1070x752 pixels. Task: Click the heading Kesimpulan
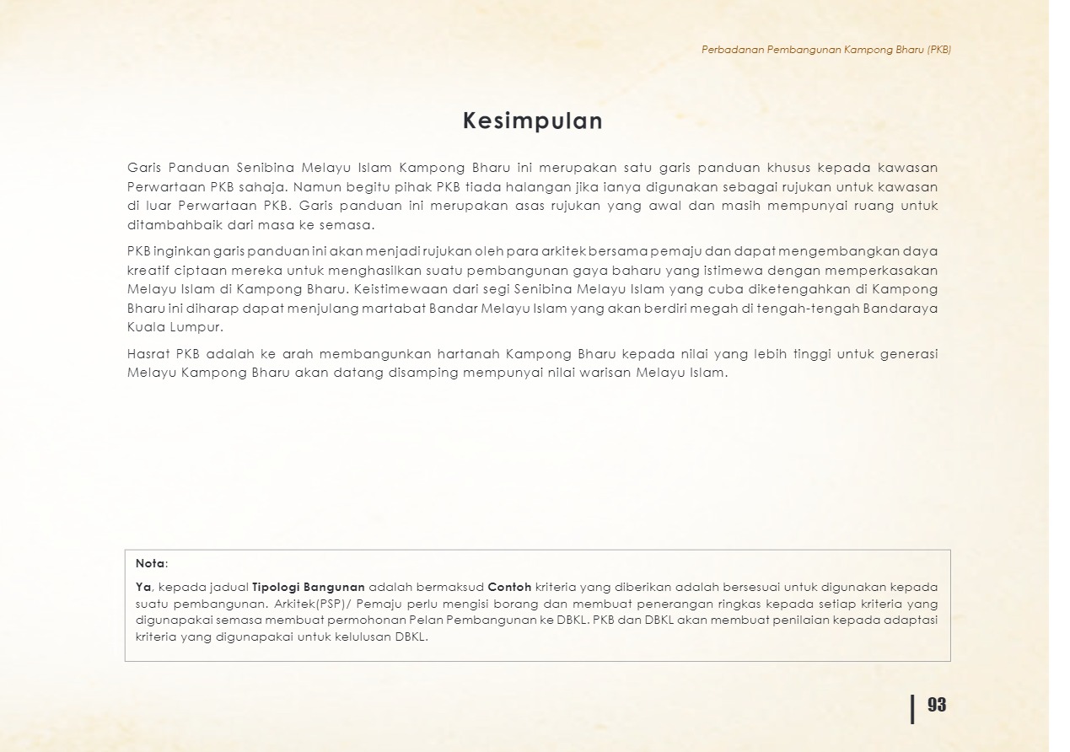[x=533, y=121]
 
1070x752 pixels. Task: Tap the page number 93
[x=937, y=705]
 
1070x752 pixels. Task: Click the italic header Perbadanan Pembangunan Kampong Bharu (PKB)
[x=826, y=50]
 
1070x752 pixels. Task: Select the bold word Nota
[x=150, y=563]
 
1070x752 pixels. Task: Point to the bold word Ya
[x=143, y=587]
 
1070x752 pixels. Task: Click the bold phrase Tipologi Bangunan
[x=309, y=587]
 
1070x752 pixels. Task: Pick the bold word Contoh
[x=509, y=587]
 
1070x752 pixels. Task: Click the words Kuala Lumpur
[x=175, y=327]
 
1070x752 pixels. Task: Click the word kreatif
[x=147, y=270]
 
